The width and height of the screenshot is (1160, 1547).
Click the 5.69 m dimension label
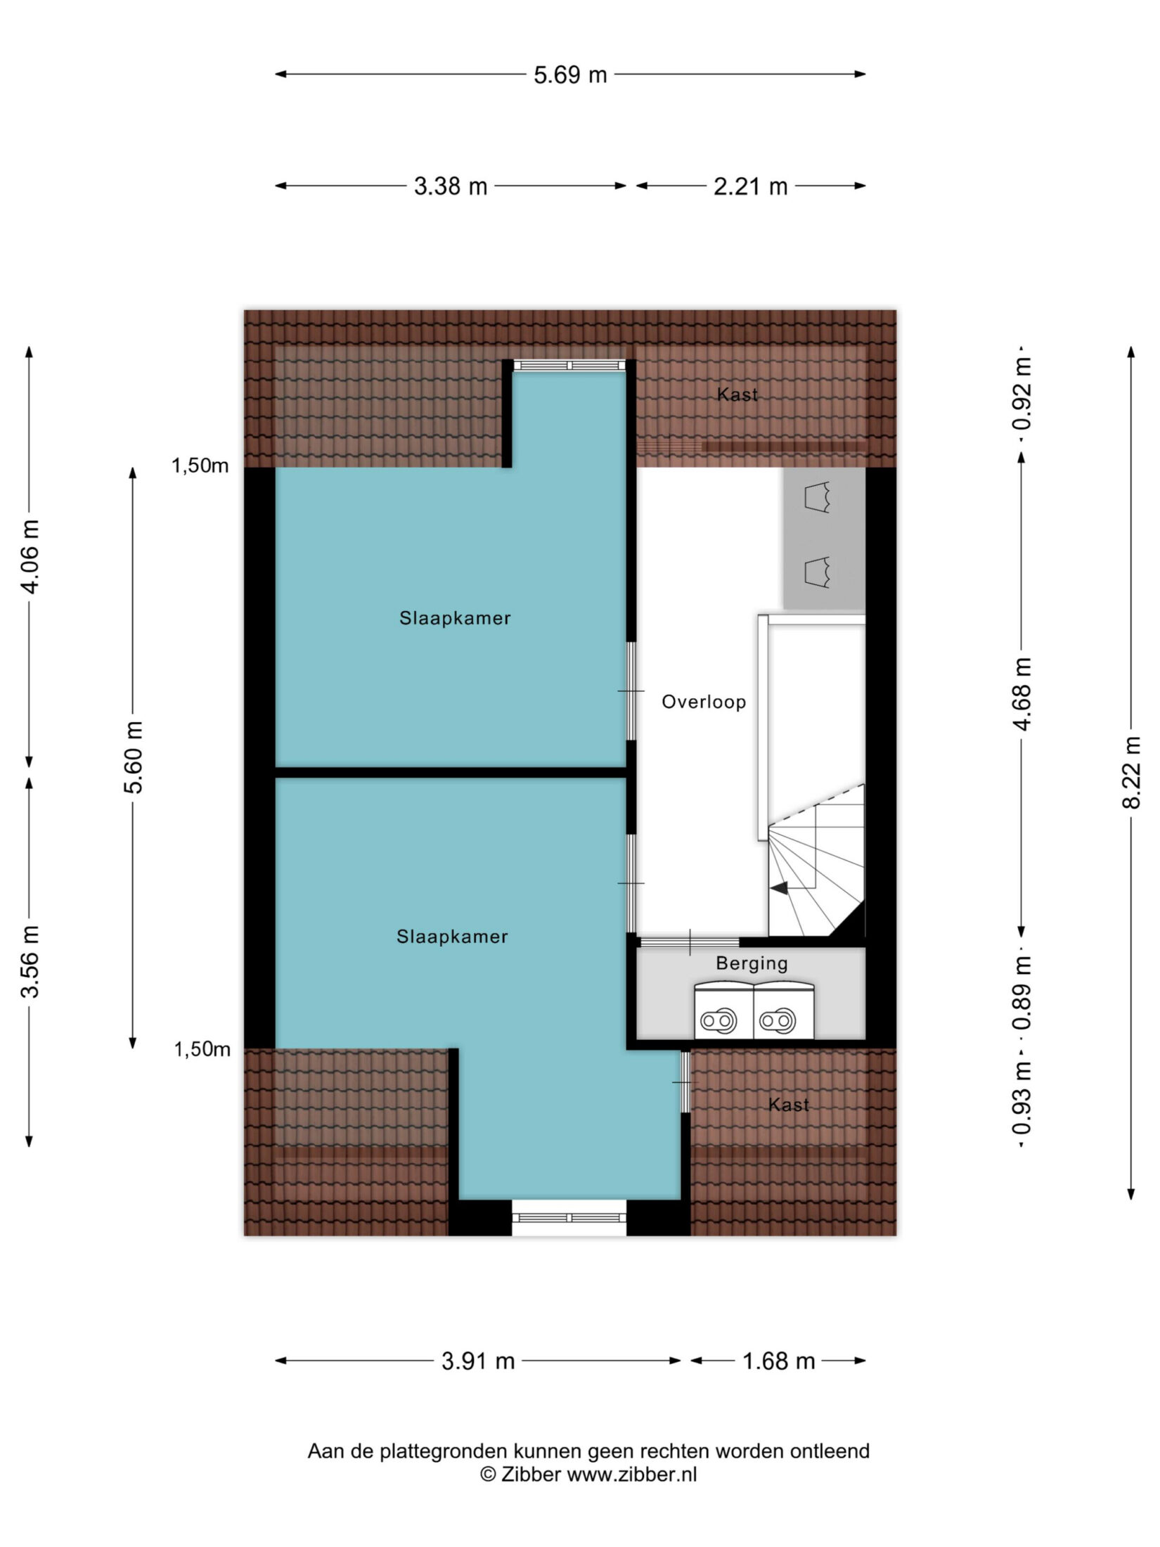pyautogui.click(x=570, y=75)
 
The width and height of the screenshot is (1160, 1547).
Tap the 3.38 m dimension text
pyautogui.click(x=451, y=186)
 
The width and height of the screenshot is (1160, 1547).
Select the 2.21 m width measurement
pyautogui.click(x=751, y=186)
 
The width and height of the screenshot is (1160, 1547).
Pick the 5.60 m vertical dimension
pyautogui.click(x=134, y=757)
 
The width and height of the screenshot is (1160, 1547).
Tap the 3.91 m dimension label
pyautogui.click(x=478, y=1361)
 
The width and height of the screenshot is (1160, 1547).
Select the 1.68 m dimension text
pyautogui.click(x=779, y=1361)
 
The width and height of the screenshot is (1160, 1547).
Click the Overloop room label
pyautogui.click(x=704, y=702)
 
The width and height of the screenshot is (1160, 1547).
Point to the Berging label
pyautogui.click(x=752, y=964)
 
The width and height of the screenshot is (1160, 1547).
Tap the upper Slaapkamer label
pyautogui.click(x=455, y=618)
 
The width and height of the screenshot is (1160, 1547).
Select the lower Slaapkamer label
pyautogui.click(x=452, y=937)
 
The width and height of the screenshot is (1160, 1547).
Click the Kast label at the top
pyautogui.click(x=737, y=394)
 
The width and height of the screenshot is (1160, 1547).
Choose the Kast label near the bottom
pyautogui.click(x=789, y=1105)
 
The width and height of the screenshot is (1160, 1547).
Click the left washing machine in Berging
pyautogui.click(x=723, y=1010)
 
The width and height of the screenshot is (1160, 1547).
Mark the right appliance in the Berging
pyautogui.click(x=784, y=1010)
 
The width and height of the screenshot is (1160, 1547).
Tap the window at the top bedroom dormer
pyautogui.click(x=569, y=365)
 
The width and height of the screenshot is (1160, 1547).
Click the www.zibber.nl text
pyautogui.click(x=632, y=1475)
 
